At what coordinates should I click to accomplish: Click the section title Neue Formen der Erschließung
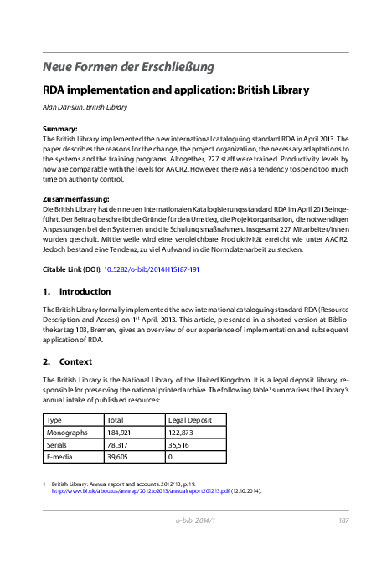128,66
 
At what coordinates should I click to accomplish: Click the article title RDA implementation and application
176,90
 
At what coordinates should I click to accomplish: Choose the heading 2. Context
66,361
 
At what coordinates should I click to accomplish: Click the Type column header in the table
54,419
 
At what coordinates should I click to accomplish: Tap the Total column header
116,419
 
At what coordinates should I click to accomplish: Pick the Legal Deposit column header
191,419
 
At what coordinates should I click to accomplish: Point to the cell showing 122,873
182,433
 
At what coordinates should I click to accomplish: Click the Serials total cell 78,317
119,445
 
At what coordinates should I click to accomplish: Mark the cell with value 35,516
179,445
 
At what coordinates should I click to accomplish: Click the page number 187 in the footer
343,520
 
